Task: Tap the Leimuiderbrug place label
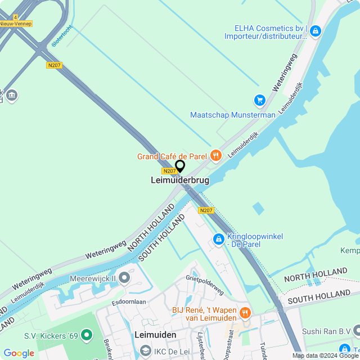180,181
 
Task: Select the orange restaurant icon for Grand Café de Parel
215,155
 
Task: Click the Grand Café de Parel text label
172,156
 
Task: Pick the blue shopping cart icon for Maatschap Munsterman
259,100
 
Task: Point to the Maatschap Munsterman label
233,115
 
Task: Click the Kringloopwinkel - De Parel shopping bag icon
218,240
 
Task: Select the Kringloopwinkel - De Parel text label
255,240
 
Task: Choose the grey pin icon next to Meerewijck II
124,278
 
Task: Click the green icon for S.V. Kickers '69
86,336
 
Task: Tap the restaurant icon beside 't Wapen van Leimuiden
245,312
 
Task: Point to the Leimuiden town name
156,335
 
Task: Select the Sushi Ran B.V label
326,331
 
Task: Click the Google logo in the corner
19,353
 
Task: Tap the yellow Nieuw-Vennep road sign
16,24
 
